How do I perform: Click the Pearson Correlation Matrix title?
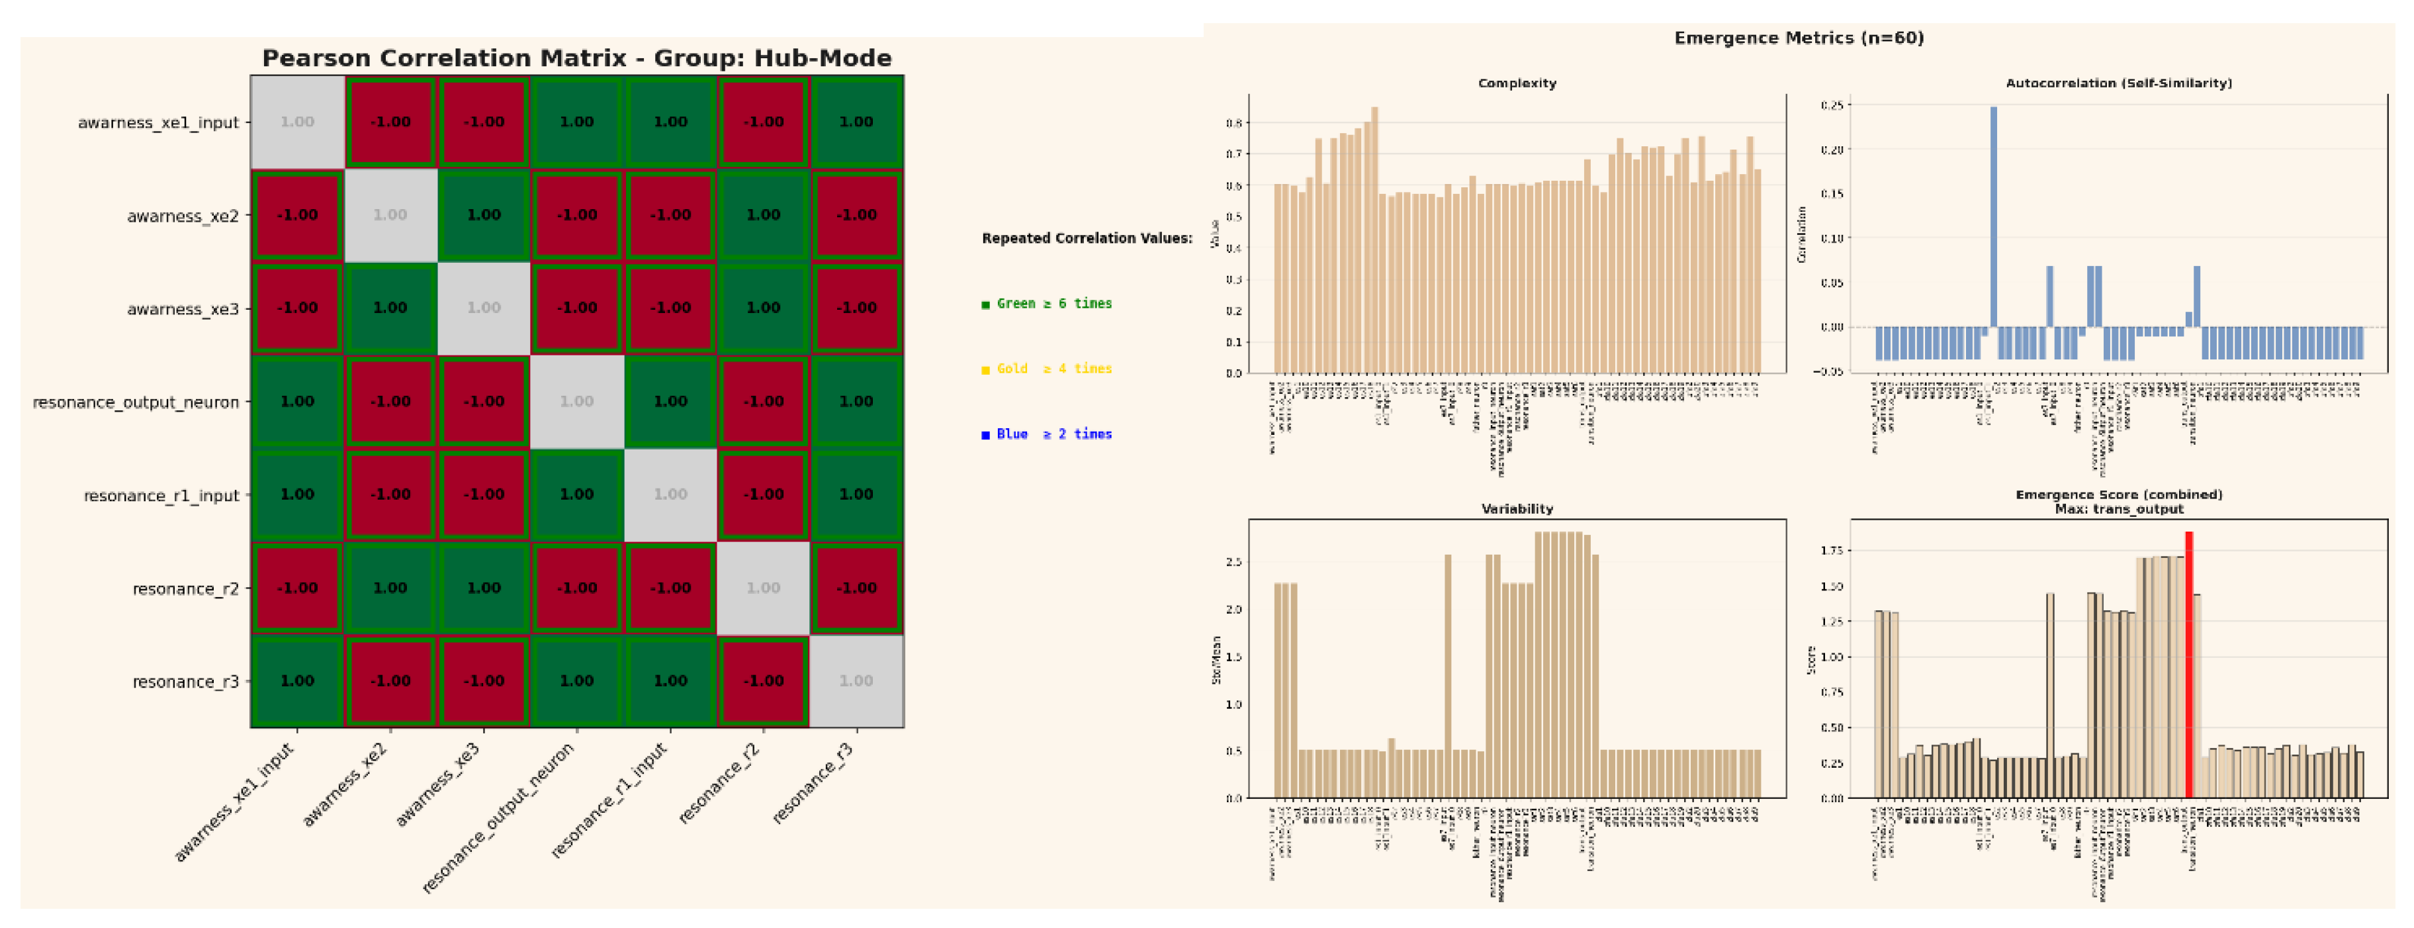pos(576,58)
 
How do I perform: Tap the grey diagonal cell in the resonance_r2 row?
pos(763,588)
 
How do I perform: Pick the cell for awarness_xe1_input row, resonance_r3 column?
pos(856,122)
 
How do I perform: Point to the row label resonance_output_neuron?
pos(136,402)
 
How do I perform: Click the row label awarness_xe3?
pos(183,309)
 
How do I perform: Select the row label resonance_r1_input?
pos(161,495)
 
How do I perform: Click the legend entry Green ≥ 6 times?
pos(1047,304)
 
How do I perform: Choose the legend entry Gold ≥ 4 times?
pos(1047,369)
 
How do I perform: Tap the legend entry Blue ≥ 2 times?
pos(1047,434)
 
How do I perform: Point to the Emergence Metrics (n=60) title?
pos(1799,38)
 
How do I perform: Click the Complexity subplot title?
pos(1516,83)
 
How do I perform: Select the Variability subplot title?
pos(1516,509)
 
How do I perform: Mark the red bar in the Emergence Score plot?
pos(2189,665)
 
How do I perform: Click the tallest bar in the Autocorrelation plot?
pos(1993,216)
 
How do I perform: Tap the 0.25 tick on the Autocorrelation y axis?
pos(1831,105)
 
